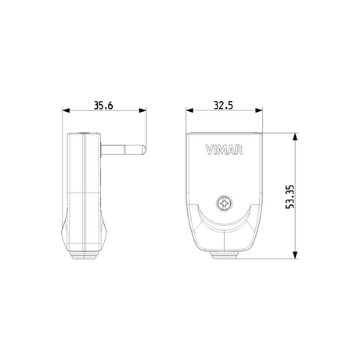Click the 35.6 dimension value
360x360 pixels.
103,105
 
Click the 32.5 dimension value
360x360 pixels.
224,105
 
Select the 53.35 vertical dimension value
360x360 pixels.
290,196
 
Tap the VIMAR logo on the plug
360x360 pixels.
224,150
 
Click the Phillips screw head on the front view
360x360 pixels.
225,203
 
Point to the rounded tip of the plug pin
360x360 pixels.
143,150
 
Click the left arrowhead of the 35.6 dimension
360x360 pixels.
67,110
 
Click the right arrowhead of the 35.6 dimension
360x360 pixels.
142,110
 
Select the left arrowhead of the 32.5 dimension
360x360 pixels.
189,110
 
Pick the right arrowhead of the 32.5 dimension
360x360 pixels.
259,110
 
